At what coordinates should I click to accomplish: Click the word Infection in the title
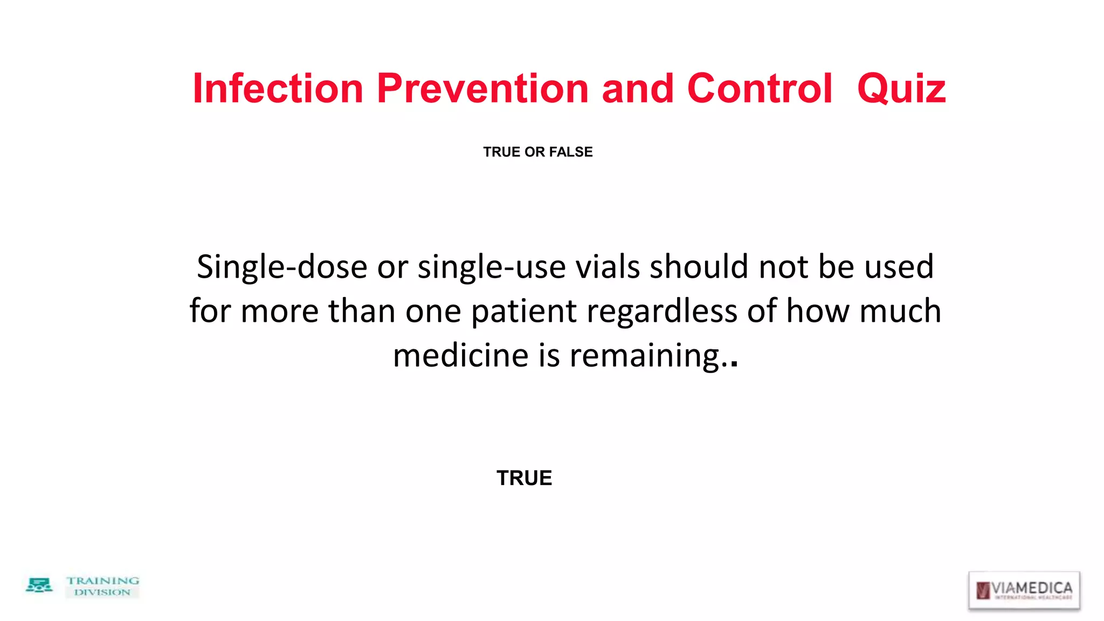point(278,88)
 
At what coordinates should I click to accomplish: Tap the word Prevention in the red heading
point(482,88)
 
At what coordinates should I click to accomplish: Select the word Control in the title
point(760,88)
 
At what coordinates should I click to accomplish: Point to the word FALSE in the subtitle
point(570,152)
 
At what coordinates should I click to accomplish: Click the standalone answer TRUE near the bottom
point(524,478)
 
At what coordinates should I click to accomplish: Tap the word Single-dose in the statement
point(282,267)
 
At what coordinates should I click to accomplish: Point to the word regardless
point(662,312)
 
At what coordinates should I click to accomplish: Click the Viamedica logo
point(1024,590)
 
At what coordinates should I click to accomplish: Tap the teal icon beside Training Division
point(39,585)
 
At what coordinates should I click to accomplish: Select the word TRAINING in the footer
point(102,581)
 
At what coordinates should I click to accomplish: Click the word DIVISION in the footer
point(102,592)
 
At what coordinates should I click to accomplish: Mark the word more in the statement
point(279,312)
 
